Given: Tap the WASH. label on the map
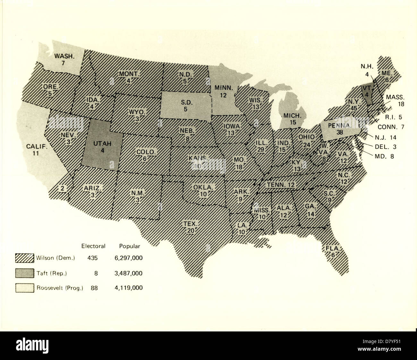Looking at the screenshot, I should click(64, 56).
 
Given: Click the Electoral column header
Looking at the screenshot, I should click(93, 246).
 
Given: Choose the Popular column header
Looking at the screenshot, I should click(130, 246).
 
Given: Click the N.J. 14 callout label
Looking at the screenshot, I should click(385, 137).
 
